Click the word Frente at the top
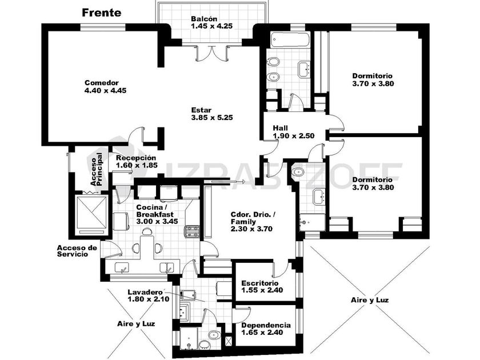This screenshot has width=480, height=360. coord(101,13)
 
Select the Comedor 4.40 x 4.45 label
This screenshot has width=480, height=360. coord(105,86)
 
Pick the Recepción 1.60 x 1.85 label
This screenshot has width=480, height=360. coord(135,162)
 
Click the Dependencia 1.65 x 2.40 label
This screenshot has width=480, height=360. coord(265,329)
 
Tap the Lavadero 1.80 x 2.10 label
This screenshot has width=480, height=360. coord(148,295)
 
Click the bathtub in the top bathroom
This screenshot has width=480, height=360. coord(290,41)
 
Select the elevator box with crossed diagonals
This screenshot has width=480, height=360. coord(91,213)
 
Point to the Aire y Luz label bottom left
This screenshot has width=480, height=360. coord(136,323)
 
